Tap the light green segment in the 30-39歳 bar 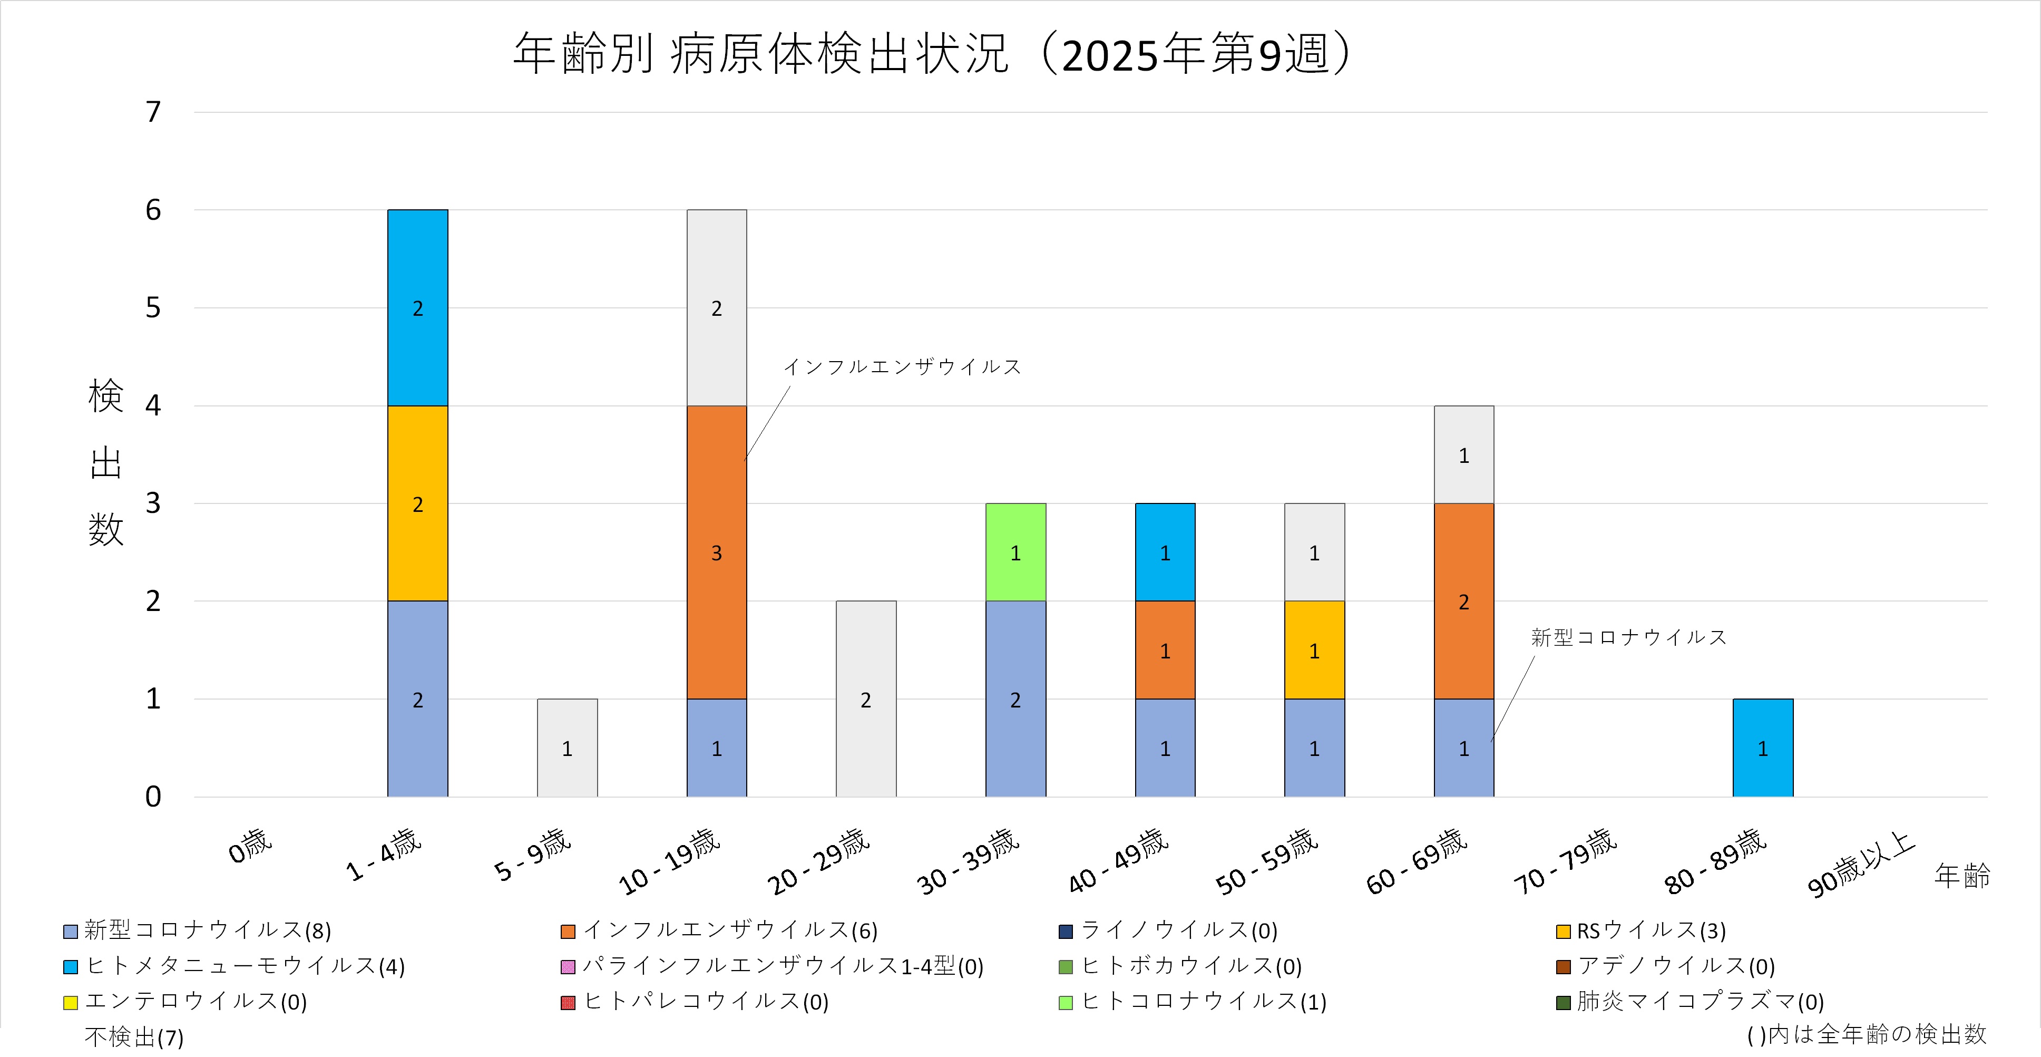click(x=1015, y=552)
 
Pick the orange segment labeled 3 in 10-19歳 click(x=716, y=552)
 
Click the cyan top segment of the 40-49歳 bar click(x=1165, y=552)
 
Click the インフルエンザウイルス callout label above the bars click(x=902, y=367)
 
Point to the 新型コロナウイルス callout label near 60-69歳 click(x=1628, y=637)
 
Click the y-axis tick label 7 click(x=153, y=112)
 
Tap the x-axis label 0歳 click(x=250, y=846)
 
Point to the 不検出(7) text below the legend click(x=134, y=1036)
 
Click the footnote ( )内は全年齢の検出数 click(x=1867, y=1034)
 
